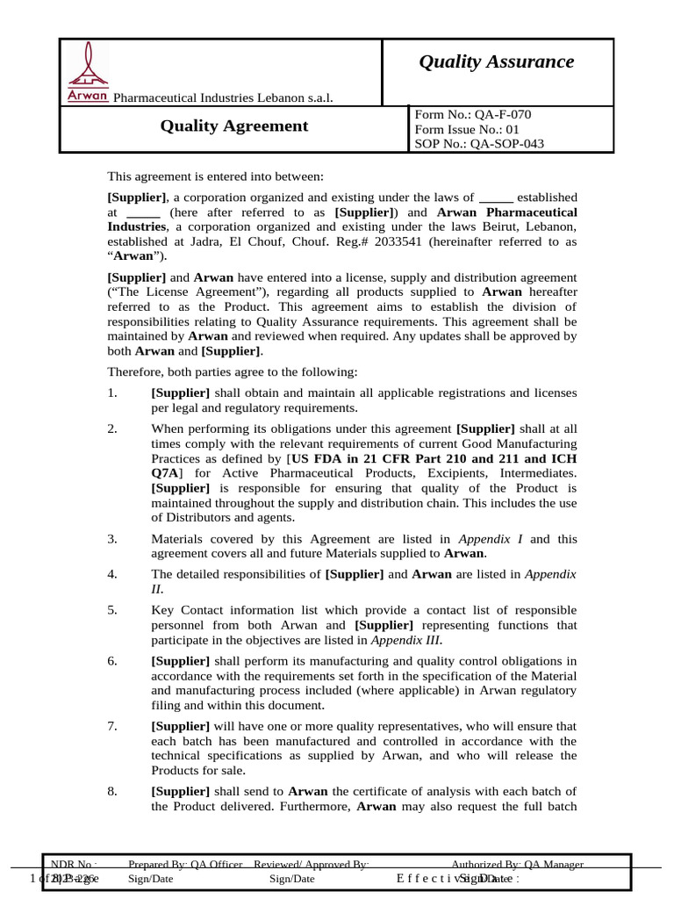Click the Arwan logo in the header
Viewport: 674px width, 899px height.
coord(88,74)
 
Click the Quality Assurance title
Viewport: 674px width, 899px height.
coord(496,61)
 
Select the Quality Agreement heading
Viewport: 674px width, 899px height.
coord(233,126)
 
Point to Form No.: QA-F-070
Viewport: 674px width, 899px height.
coord(472,114)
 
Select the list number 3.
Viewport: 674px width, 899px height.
coord(112,539)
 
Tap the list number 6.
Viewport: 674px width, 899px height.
coord(112,660)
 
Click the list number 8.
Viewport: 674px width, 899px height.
coord(112,791)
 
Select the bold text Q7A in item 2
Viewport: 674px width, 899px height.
coord(166,472)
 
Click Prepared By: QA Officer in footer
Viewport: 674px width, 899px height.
coord(185,865)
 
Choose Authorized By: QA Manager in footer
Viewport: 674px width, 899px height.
coord(517,865)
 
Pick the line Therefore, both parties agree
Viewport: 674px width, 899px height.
coord(233,372)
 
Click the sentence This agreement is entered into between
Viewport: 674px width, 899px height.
coord(216,176)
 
